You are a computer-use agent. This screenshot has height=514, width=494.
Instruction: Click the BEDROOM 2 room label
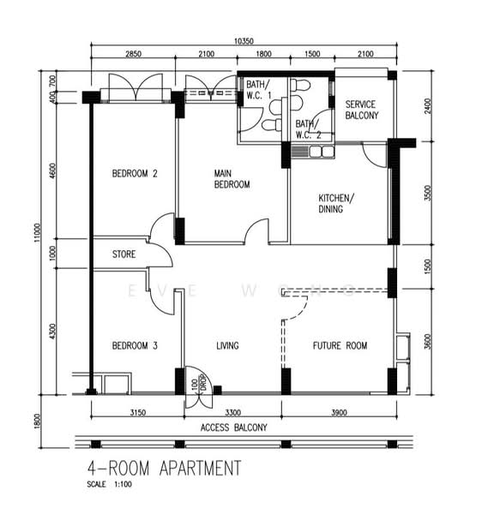(136, 175)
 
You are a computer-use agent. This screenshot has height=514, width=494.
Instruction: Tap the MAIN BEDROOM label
(232, 179)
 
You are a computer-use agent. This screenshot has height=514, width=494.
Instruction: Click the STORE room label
(125, 254)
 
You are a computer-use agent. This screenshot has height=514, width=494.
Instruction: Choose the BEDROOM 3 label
(136, 346)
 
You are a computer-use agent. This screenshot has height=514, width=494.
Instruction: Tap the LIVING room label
(227, 346)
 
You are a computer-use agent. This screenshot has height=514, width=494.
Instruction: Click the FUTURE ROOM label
(340, 346)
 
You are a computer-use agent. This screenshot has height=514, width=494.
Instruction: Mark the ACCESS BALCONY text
(234, 427)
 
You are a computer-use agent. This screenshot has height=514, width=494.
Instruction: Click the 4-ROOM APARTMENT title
(165, 469)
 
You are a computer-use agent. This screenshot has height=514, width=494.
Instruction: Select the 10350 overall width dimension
(246, 40)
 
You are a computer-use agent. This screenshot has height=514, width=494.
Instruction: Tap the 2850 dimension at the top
(134, 55)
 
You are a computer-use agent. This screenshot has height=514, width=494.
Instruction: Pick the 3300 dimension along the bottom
(232, 411)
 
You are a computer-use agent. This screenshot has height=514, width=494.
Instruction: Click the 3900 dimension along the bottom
(339, 411)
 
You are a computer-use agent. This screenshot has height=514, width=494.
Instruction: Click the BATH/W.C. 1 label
(258, 89)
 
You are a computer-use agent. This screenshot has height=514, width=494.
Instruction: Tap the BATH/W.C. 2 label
(308, 129)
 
